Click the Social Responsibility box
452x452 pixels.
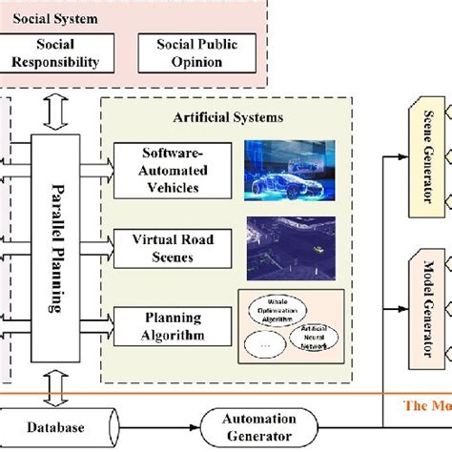(54, 54)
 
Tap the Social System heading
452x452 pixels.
(43, 17)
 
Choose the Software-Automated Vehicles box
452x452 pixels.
(171, 170)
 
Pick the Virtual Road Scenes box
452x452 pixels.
(171, 248)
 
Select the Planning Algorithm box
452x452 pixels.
(171, 326)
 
